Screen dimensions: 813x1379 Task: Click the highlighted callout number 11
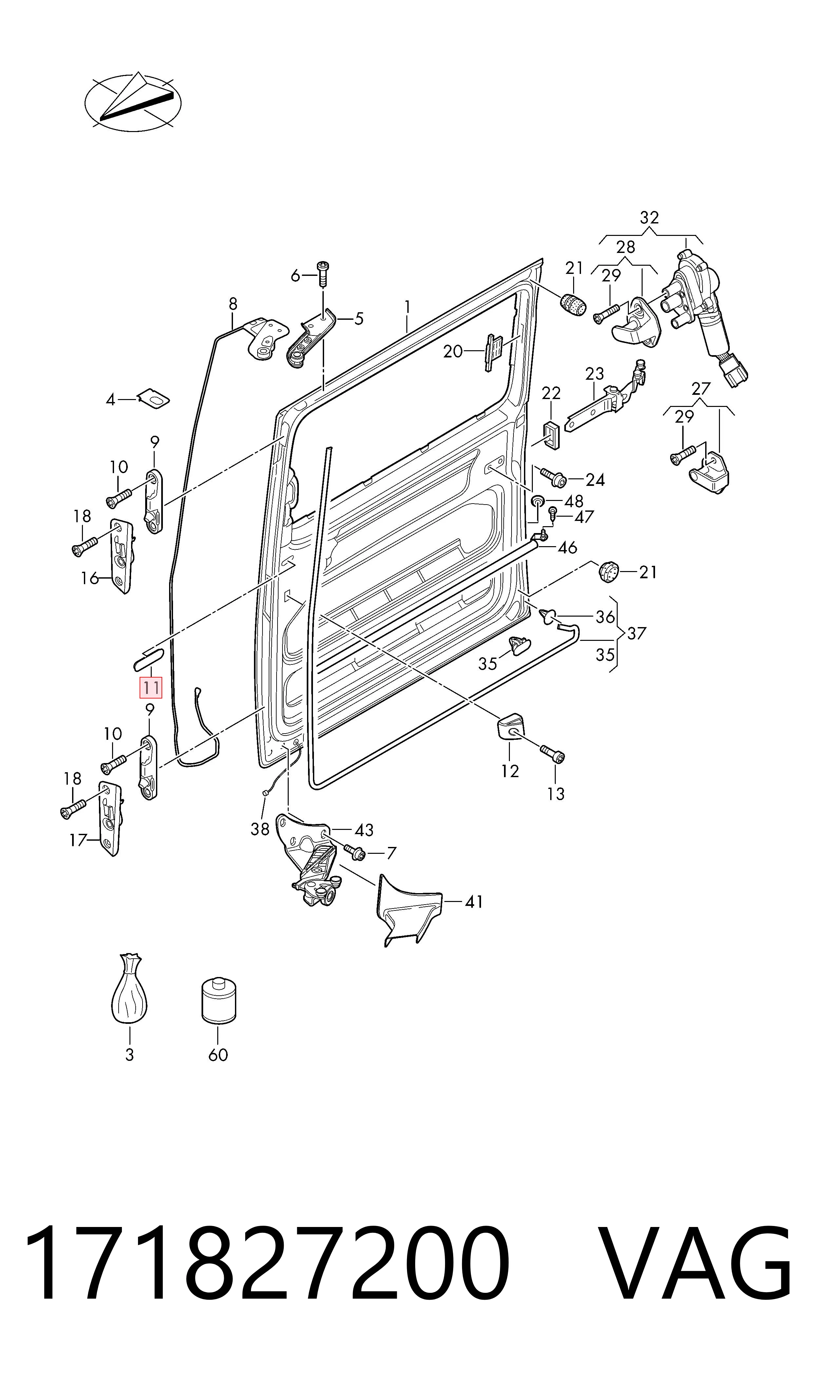click(151, 688)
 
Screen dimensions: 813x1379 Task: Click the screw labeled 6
click(323, 274)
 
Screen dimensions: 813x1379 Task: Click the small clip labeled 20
click(493, 352)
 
